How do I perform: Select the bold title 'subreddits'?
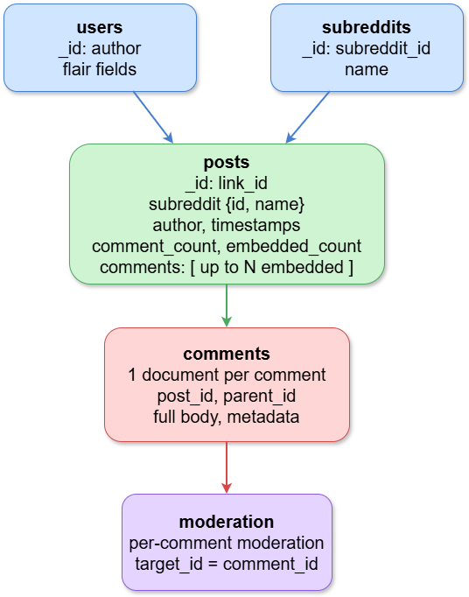(x=366, y=28)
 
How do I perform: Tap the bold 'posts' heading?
(x=227, y=162)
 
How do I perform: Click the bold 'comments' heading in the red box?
(x=227, y=355)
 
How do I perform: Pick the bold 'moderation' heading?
(x=227, y=522)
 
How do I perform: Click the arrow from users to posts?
(x=152, y=117)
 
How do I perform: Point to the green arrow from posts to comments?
(x=227, y=306)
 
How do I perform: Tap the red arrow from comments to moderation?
(x=227, y=467)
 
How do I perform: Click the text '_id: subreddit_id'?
(x=366, y=49)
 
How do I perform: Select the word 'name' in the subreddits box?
(x=366, y=69)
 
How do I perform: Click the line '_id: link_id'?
(x=227, y=183)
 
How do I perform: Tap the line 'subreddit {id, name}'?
(x=227, y=204)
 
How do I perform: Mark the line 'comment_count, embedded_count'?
(x=227, y=246)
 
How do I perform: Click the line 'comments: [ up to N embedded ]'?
(x=227, y=267)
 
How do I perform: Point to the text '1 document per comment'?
(x=227, y=375)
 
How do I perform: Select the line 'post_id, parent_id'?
(x=227, y=396)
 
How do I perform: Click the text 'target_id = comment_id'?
(x=227, y=563)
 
